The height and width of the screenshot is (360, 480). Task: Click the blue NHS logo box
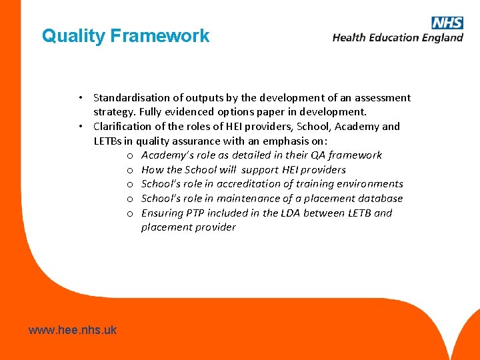pos(447,23)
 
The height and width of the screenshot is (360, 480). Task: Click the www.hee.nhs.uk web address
pos(73,329)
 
